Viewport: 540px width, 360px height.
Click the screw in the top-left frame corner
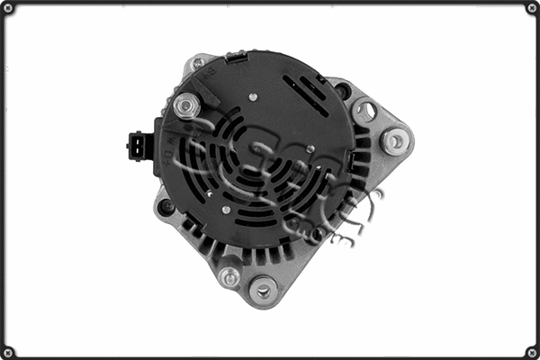(8, 8)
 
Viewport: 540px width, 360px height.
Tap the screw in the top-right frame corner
(531, 8)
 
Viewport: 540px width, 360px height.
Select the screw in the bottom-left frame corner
(8, 351)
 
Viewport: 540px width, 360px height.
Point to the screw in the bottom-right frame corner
(531, 351)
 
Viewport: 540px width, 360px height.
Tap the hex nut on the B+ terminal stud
(186, 106)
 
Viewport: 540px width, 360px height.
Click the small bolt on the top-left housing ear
(197, 64)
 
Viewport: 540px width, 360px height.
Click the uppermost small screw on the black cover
(253, 97)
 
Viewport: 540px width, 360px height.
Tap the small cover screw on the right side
(310, 149)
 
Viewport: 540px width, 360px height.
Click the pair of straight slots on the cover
(306, 94)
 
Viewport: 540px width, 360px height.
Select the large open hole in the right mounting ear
(365, 112)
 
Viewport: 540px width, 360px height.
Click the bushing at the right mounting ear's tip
(394, 140)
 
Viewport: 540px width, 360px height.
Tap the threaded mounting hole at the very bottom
(263, 290)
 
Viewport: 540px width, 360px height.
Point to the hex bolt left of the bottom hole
(230, 276)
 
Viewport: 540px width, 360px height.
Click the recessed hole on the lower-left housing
(166, 208)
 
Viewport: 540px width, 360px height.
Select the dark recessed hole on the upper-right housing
(342, 90)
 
